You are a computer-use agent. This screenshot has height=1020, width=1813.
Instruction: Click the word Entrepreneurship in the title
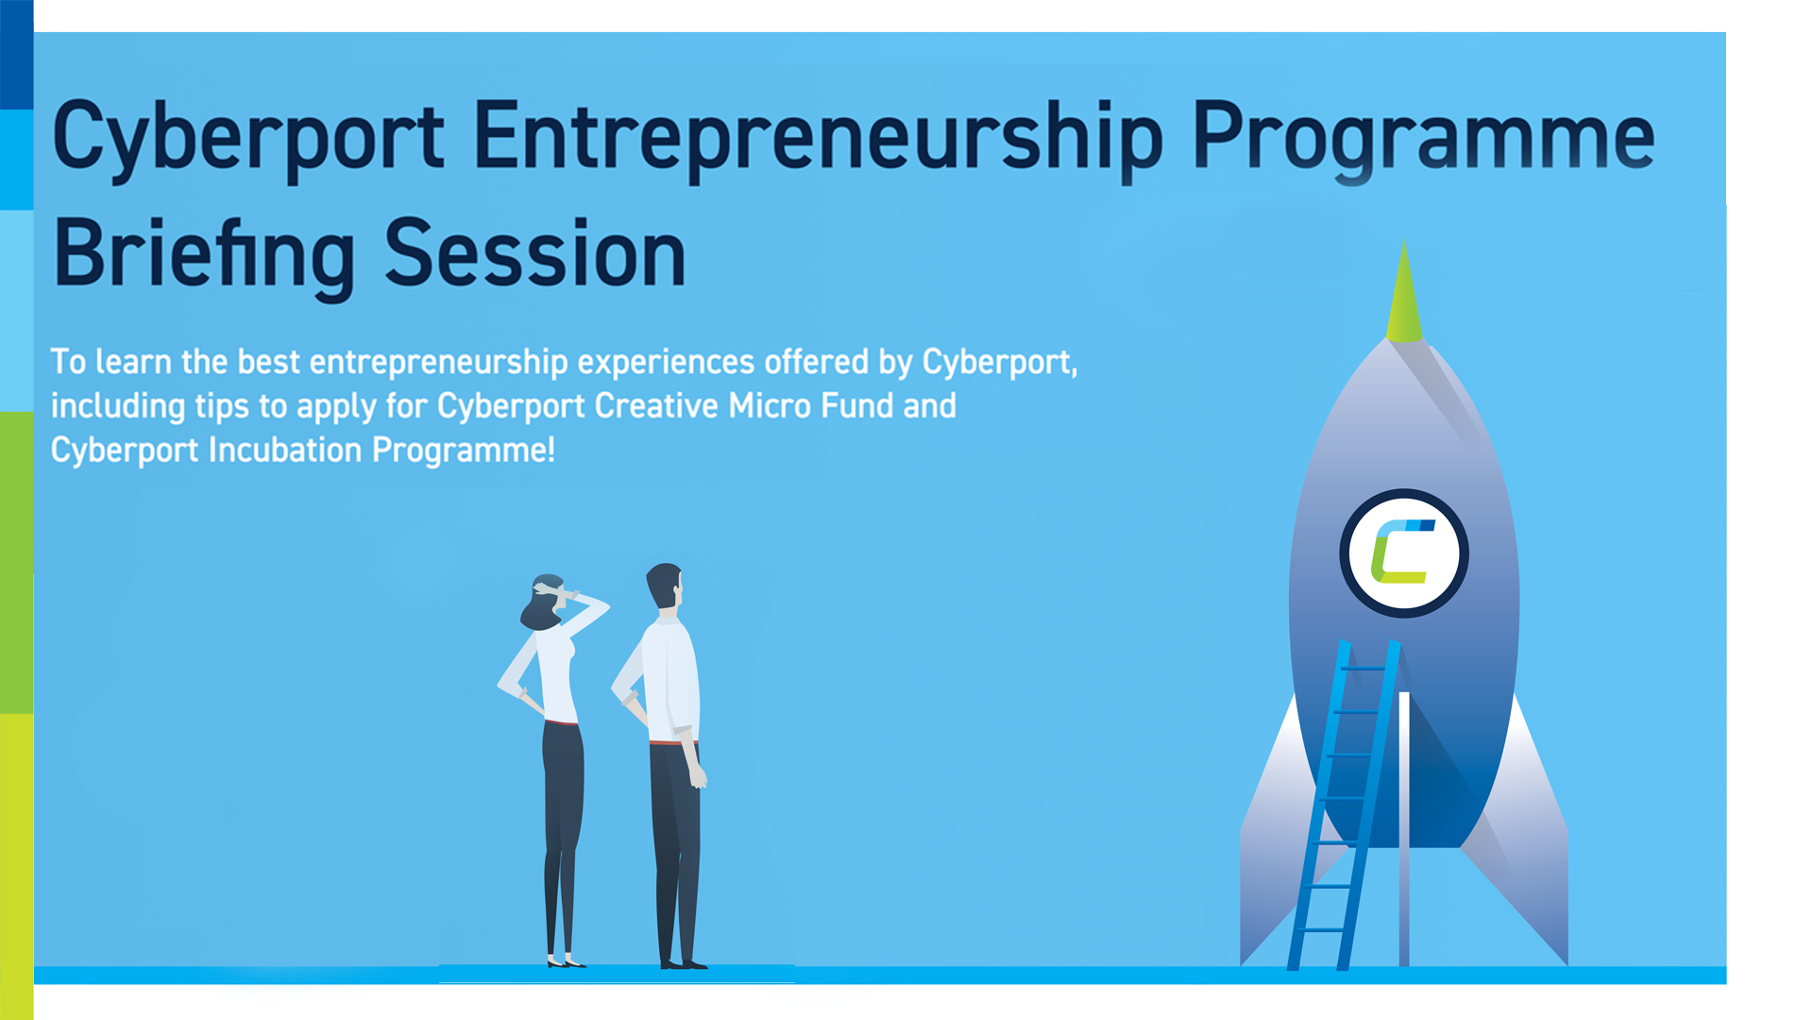(818, 140)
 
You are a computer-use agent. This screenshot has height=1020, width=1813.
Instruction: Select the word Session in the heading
(535, 253)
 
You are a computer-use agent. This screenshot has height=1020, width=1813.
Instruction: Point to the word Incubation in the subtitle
(285, 450)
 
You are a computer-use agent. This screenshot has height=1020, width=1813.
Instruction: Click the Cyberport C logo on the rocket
(1403, 552)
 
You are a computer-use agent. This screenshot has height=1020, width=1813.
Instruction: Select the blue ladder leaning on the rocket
(1344, 805)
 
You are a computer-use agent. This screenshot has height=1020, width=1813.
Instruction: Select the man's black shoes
(683, 964)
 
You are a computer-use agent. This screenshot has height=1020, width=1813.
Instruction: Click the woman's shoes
(566, 962)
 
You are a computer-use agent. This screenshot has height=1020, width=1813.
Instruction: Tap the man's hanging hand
(697, 774)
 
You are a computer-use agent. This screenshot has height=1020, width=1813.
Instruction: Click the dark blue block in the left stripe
(16, 55)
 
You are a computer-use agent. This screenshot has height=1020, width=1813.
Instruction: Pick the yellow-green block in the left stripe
(16, 866)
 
